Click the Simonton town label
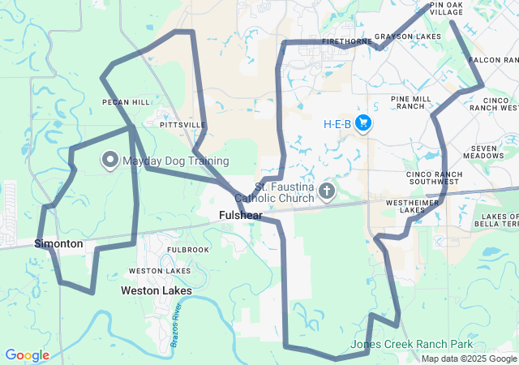click(58, 243)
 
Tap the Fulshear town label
click(240, 216)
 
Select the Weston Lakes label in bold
click(157, 290)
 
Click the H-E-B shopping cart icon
click(363, 123)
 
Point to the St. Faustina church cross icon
click(326, 191)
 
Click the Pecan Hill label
click(126, 102)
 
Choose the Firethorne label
click(346, 40)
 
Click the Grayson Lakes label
click(414, 37)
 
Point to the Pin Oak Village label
click(447, 9)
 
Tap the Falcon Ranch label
click(493, 60)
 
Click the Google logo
click(27, 355)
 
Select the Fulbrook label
click(188, 249)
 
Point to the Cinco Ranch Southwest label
click(434, 178)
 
